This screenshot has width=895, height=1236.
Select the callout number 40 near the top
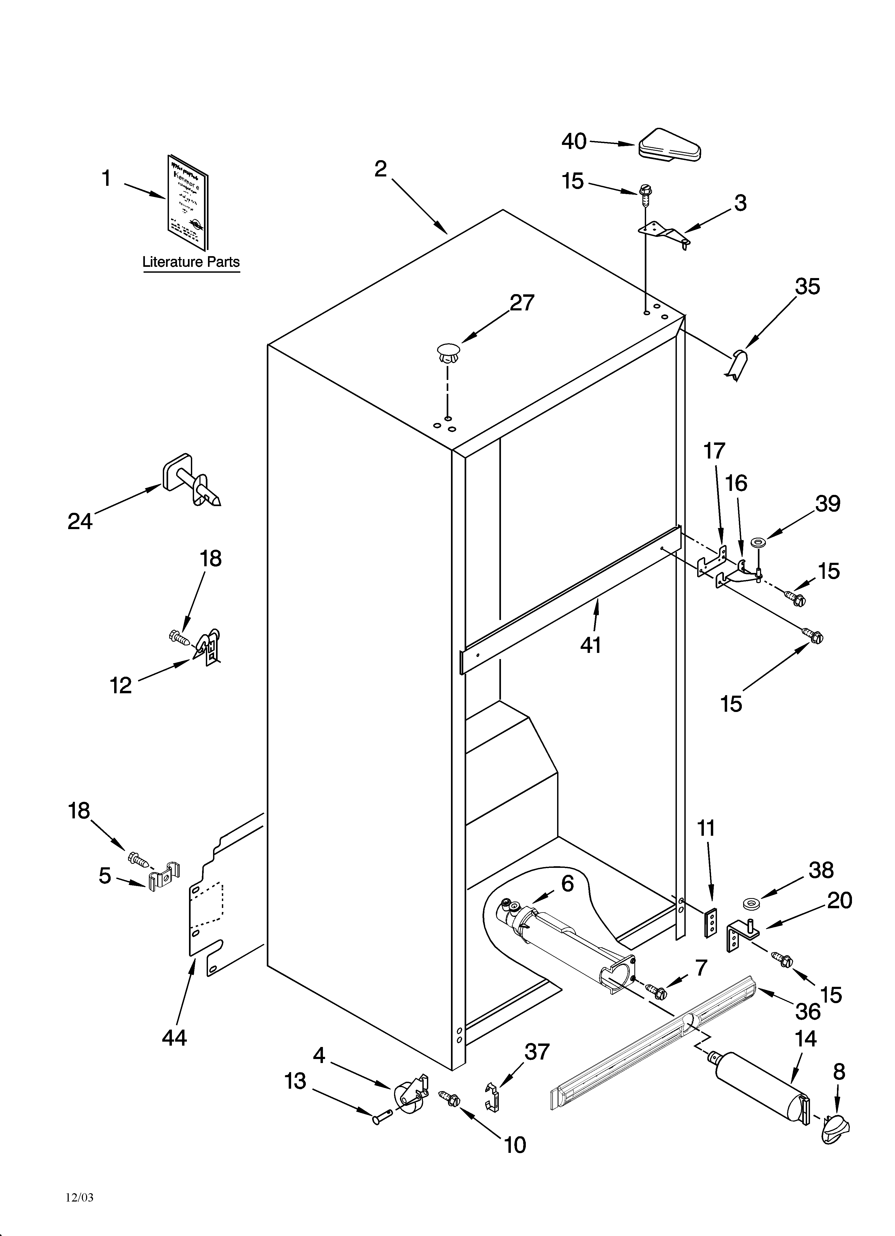(x=574, y=142)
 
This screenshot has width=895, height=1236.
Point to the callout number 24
(x=80, y=522)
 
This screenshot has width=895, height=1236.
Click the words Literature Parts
(x=191, y=262)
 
